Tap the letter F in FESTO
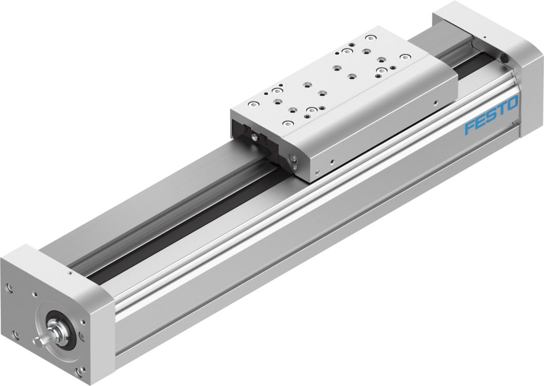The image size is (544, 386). [470, 127]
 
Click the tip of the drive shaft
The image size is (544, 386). [37, 342]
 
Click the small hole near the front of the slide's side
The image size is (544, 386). [333, 162]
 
